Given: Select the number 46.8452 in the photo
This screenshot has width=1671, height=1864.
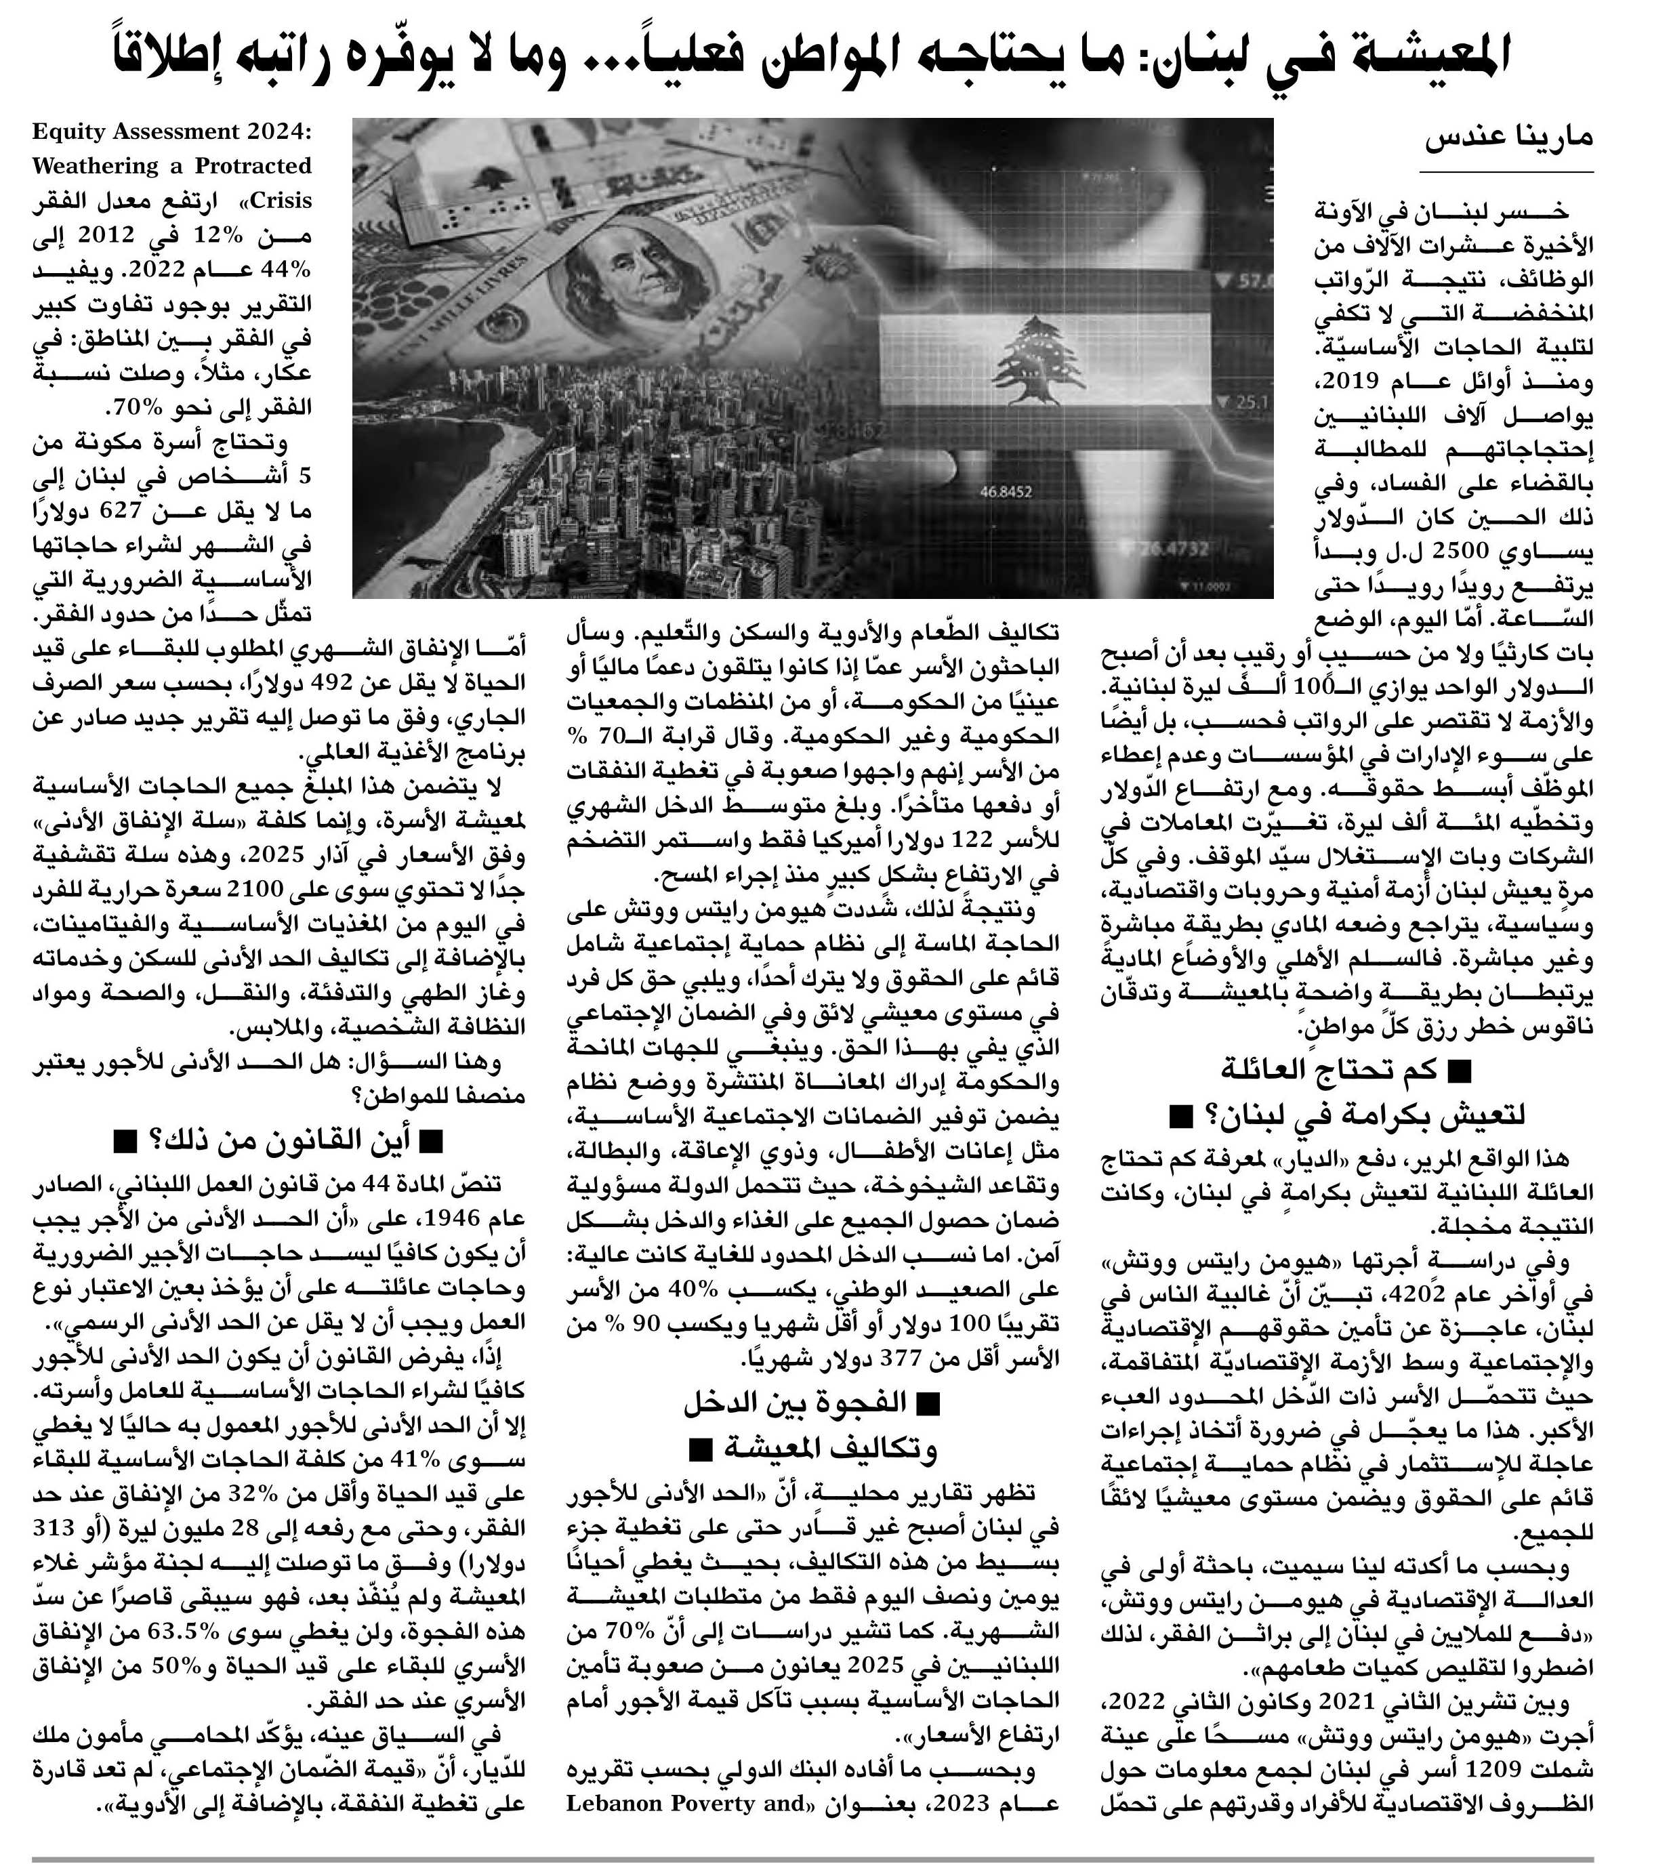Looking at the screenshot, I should click(x=1006, y=492).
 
